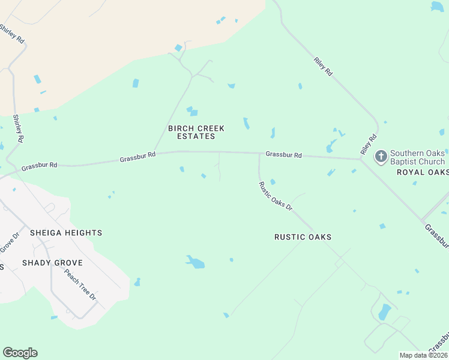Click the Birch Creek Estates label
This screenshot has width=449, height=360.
tap(196, 132)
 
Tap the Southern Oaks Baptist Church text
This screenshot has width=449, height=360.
tap(418, 158)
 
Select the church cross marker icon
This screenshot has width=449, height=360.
tap(381, 157)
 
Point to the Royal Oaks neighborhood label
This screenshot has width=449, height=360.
tap(423, 172)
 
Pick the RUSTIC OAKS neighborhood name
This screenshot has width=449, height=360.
tap(303, 237)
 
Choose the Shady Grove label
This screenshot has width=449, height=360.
tap(52, 263)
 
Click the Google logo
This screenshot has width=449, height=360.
tap(20, 353)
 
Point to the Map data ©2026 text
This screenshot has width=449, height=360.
tap(424, 355)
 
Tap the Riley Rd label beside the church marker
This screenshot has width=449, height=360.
tap(369, 145)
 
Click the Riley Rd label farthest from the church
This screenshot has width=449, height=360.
tap(323, 66)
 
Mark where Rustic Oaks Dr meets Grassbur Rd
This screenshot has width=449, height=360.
tap(259, 154)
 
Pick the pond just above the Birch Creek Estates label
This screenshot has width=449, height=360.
tap(192, 111)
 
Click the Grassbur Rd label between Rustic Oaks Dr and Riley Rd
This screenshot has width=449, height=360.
tap(283, 154)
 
